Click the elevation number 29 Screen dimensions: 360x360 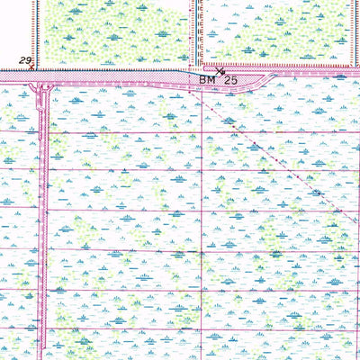pyautogui.click(x=27, y=60)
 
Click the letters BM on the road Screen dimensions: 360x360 pyautogui.click(x=206, y=80)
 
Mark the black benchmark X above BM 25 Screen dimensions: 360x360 pyautogui.click(x=220, y=69)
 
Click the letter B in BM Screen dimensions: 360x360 pyautogui.click(x=202, y=80)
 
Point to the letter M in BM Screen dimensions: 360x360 pyautogui.click(x=211, y=80)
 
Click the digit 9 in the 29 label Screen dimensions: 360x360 pyautogui.click(x=31, y=60)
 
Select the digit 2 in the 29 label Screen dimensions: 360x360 pyautogui.click(x=24, y=60)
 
